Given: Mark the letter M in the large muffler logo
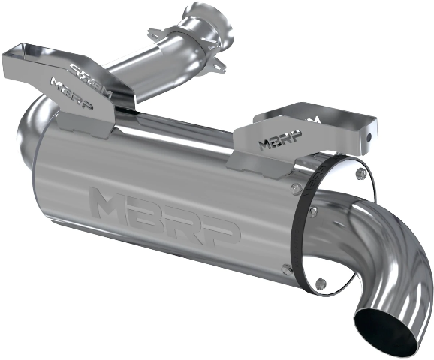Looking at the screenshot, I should (x=108, y=202).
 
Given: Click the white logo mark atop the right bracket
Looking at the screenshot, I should (x=315, y=118).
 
